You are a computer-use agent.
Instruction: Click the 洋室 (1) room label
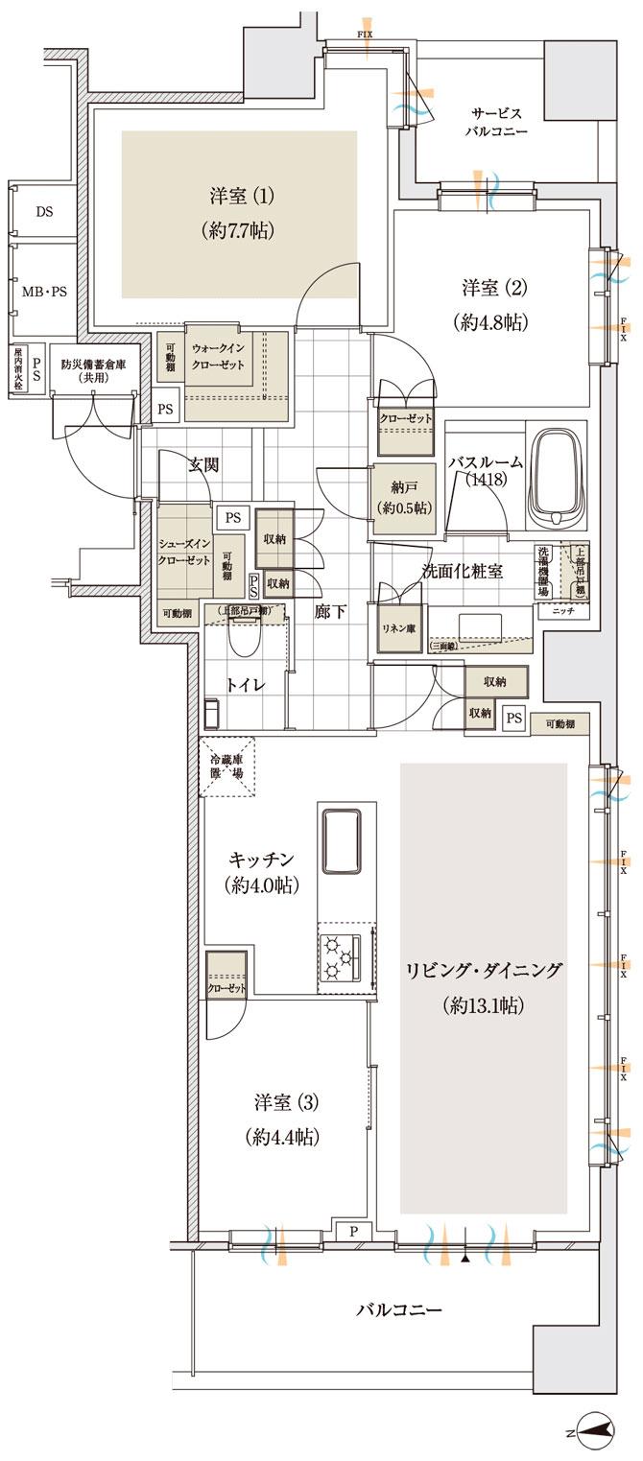242,196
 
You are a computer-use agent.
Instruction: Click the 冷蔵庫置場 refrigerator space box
227,766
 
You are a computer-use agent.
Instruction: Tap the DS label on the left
44,211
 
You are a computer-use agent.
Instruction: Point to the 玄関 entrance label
202,465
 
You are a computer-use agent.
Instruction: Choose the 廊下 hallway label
330,611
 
